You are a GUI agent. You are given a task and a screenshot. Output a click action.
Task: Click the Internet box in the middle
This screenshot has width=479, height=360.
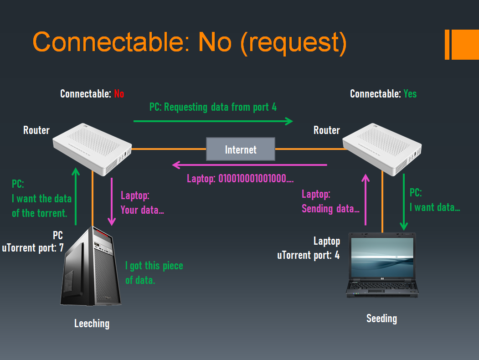241,149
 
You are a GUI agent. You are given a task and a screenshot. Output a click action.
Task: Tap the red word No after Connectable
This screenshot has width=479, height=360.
119,94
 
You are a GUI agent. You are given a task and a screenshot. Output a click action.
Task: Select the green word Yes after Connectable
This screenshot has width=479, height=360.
410,94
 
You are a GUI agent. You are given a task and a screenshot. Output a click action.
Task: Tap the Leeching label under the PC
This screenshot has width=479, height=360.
92,324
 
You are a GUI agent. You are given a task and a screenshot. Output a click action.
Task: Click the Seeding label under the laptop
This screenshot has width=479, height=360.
381,319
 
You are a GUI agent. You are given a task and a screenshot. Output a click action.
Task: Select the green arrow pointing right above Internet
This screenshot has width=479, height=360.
213,121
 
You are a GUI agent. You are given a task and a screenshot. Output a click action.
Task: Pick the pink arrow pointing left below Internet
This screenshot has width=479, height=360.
249,165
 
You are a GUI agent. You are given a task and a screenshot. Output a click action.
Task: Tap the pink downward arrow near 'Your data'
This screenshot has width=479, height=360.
111,201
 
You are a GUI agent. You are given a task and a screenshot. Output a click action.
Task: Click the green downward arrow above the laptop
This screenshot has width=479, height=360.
403,201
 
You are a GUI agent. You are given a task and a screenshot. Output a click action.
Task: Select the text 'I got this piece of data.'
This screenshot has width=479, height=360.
154,273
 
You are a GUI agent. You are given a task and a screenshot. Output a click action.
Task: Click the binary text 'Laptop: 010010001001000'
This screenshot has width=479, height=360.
240,179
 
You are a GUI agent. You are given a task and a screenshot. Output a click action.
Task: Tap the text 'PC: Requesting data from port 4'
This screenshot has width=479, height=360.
213,107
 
